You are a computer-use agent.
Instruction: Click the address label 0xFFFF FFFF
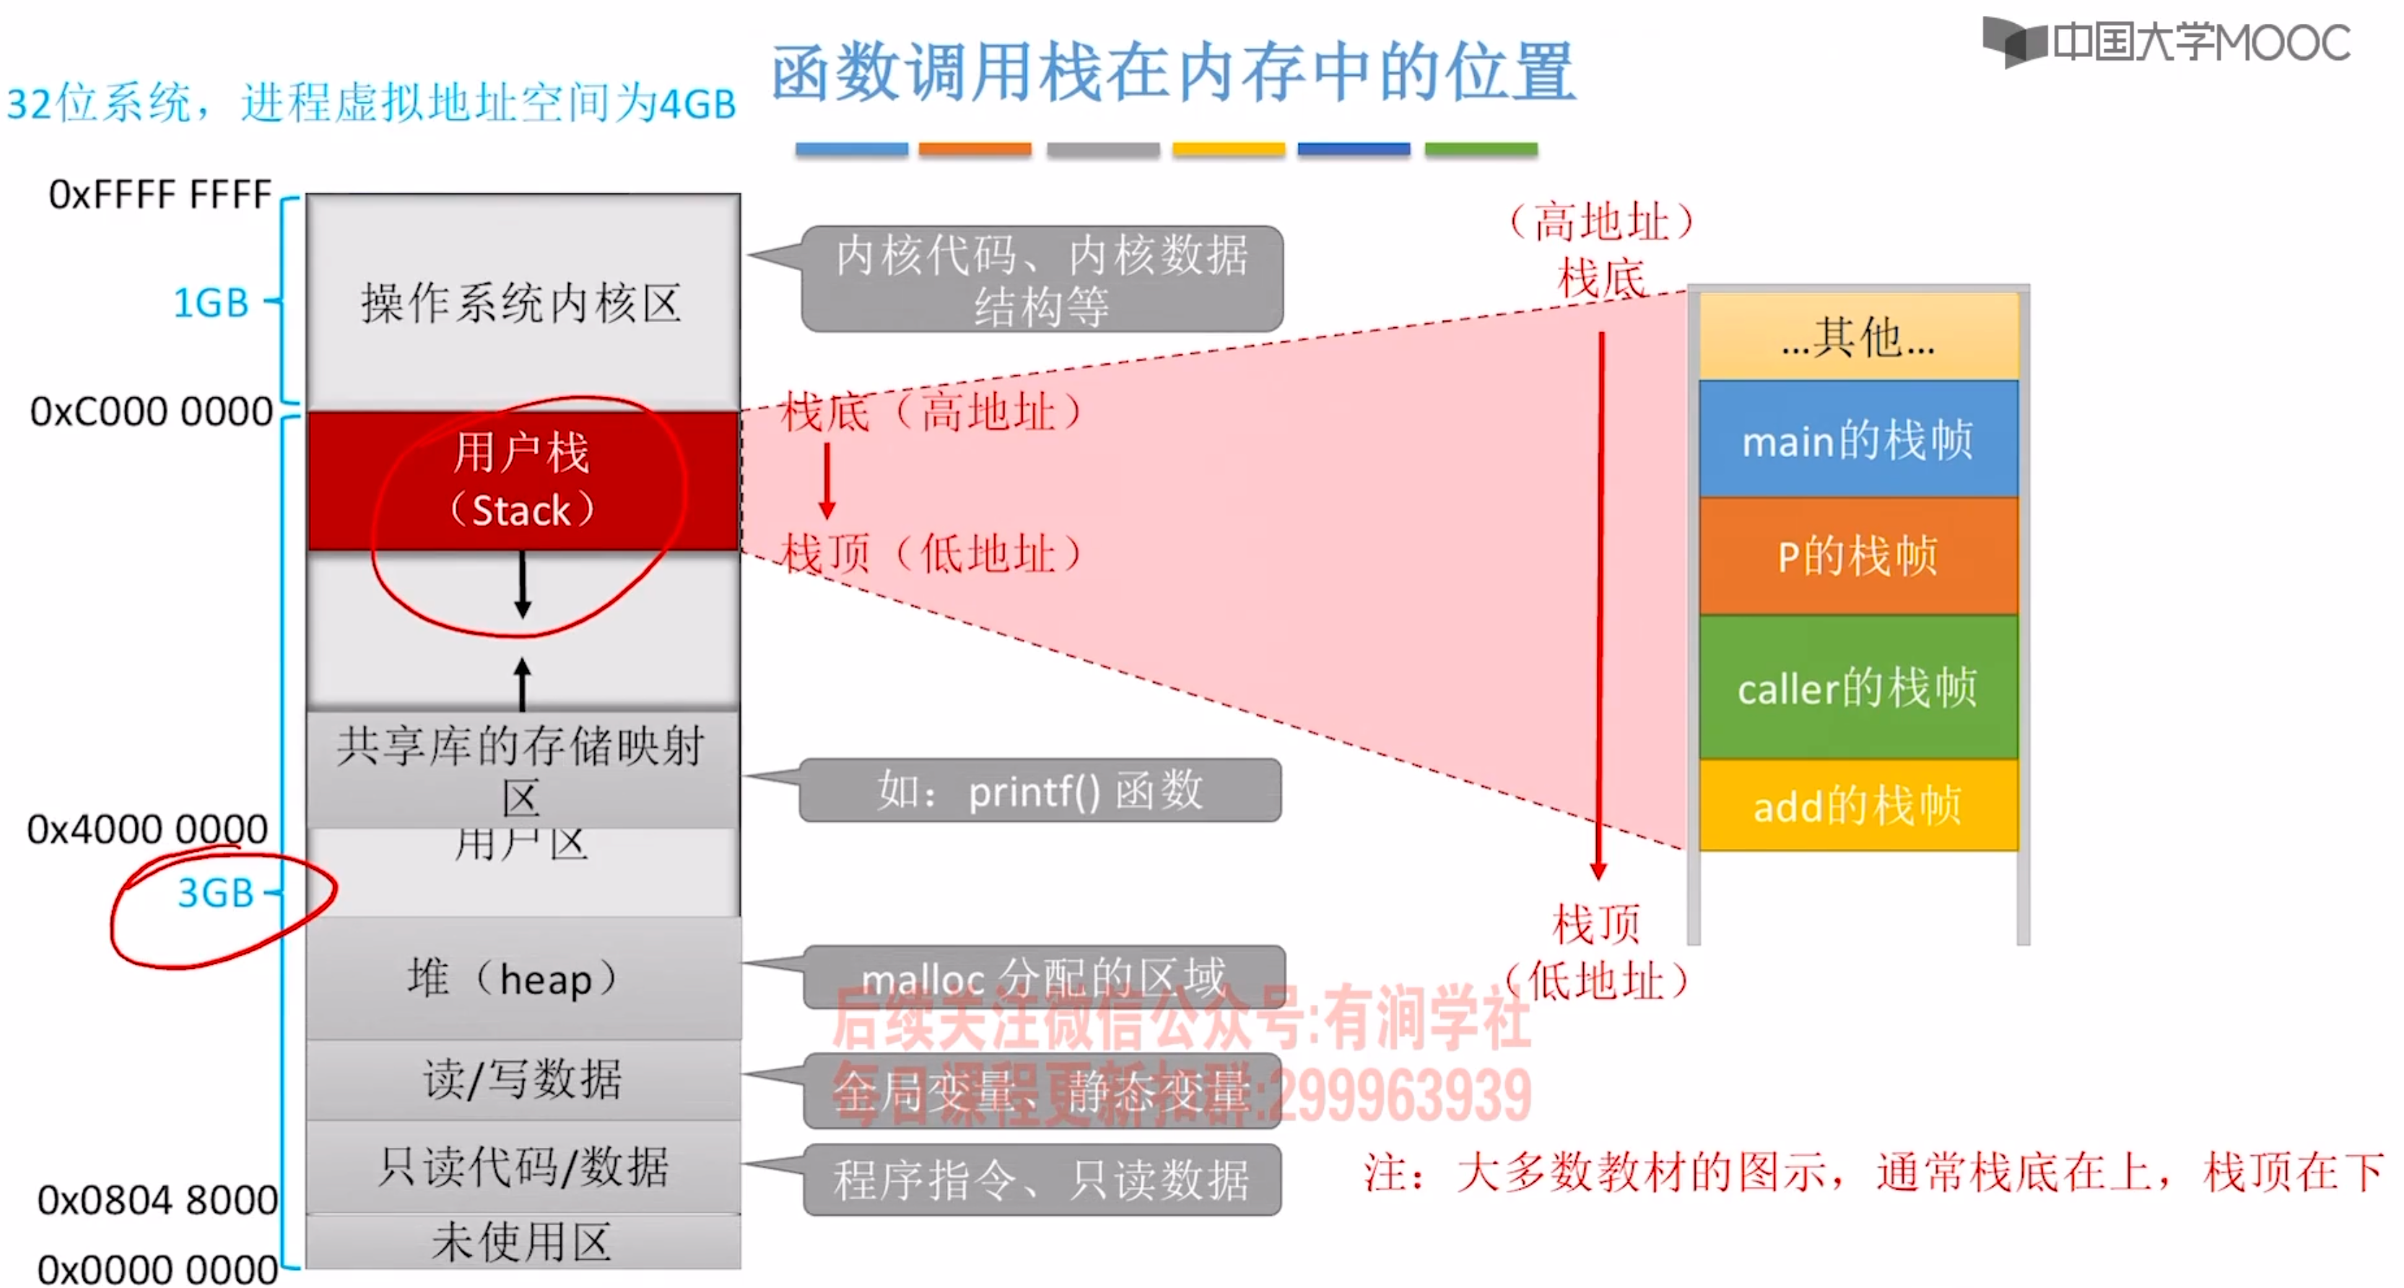point(160,194)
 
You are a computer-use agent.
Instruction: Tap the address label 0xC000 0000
point(151,412)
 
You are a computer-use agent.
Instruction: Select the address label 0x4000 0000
point(147,829)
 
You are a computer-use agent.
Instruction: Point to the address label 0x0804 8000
point(157,1200)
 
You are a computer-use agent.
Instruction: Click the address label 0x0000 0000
point(157,1269)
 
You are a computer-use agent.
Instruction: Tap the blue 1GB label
point(212,303)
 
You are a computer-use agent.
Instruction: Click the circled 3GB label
point(216,893)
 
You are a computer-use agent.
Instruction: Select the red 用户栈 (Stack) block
point(523,481)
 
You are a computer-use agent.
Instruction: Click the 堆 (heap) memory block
point(523,978)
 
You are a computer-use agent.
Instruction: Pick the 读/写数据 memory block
point(523,1080)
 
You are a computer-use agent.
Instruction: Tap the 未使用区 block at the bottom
point(523,1243)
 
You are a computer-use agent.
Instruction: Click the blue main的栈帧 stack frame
point(1857,439)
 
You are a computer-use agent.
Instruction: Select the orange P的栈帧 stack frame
point(1857,556)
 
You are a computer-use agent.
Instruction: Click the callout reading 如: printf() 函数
point(1040,791)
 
